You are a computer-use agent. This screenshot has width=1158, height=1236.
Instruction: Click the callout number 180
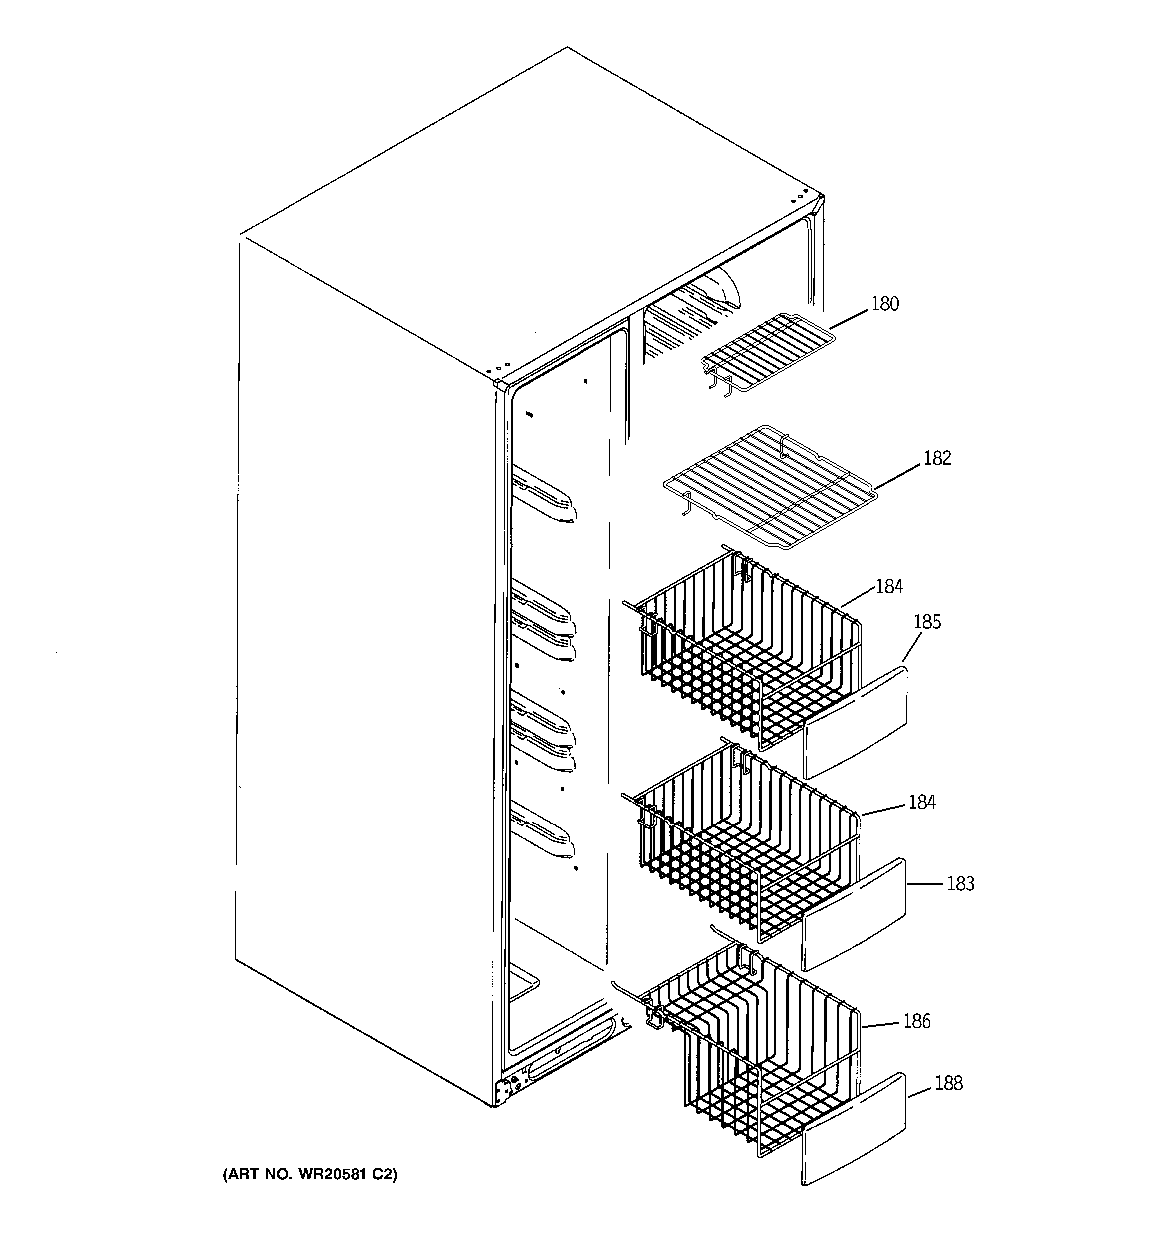pos(884,304)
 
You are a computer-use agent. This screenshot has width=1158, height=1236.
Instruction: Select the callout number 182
pos(937,458)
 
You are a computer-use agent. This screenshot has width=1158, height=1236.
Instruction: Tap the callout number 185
pos(927,622)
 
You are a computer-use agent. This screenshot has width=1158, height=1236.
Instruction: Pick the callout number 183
pos(960,883)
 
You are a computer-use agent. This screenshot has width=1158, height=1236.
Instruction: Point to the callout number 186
pos(917,1021)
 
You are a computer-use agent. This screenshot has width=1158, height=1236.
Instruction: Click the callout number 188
pos(948,1083)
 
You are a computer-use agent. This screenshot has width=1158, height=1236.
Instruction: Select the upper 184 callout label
pos(889,586)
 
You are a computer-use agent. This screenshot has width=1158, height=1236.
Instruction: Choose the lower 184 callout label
pos(922,802)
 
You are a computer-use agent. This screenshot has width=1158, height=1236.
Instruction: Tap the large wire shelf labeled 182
pos(771,486)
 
